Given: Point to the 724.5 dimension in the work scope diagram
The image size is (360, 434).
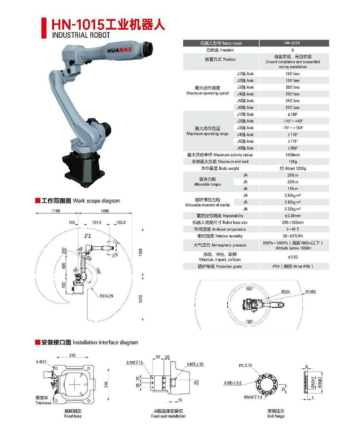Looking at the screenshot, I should click(96, 223).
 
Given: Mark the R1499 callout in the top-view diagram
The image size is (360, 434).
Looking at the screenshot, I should click(310, 292).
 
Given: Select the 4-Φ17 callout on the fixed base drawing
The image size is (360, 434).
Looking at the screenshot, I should click(41, 362).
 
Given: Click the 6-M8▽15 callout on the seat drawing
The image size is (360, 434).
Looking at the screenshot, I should click(135, 362).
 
